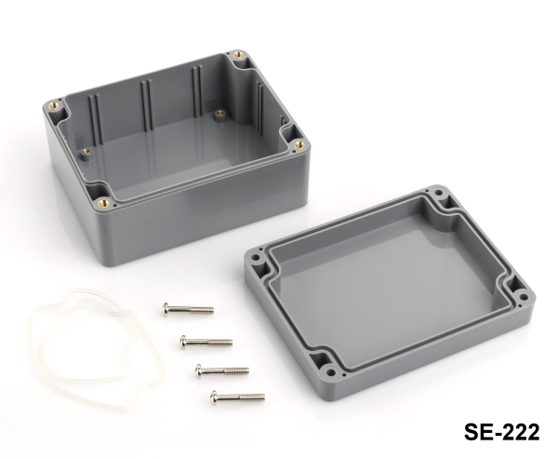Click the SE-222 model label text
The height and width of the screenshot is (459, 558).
[x=502, y=432]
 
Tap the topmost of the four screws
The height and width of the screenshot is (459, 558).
[x=188, y=309]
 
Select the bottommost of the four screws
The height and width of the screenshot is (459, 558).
[x=237, y=397]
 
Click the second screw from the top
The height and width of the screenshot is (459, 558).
[x=206, y=342]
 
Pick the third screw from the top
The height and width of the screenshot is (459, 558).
[x=221, y=371]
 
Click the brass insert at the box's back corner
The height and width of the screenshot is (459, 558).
[x=238, y=55]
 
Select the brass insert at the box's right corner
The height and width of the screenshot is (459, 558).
[x=299, y=144]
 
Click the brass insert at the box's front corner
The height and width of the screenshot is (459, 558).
[x=103, y=204]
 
